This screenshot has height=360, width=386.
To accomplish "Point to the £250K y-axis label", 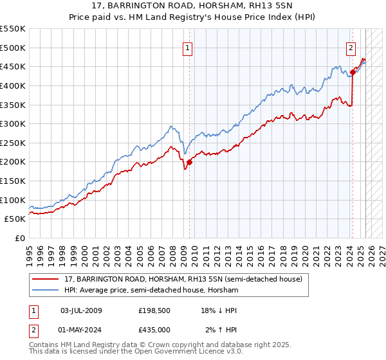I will point(13,143).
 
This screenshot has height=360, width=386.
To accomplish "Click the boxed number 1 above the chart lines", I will point(187,47).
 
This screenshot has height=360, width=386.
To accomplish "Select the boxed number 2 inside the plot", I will point(351,47).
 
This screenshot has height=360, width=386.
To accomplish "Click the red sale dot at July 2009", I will point(190,162).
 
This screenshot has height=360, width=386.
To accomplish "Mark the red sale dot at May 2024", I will point(353,72).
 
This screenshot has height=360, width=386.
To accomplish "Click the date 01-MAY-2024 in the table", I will point(81,330).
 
